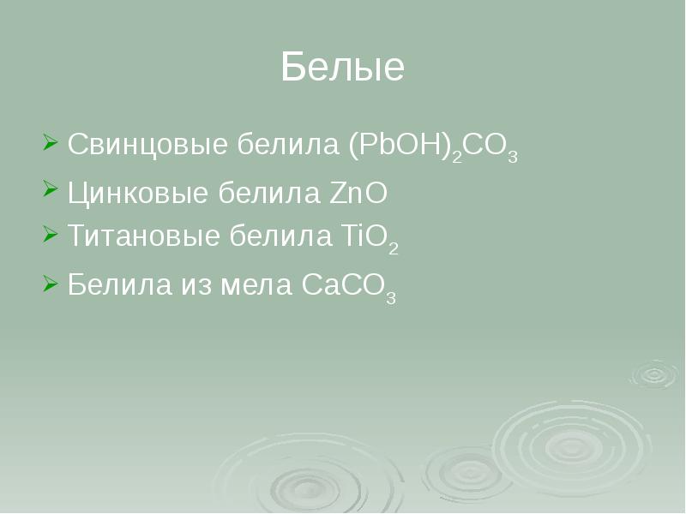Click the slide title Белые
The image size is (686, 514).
(x=342, y=68)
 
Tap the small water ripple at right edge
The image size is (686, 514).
(x=656, y=374)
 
